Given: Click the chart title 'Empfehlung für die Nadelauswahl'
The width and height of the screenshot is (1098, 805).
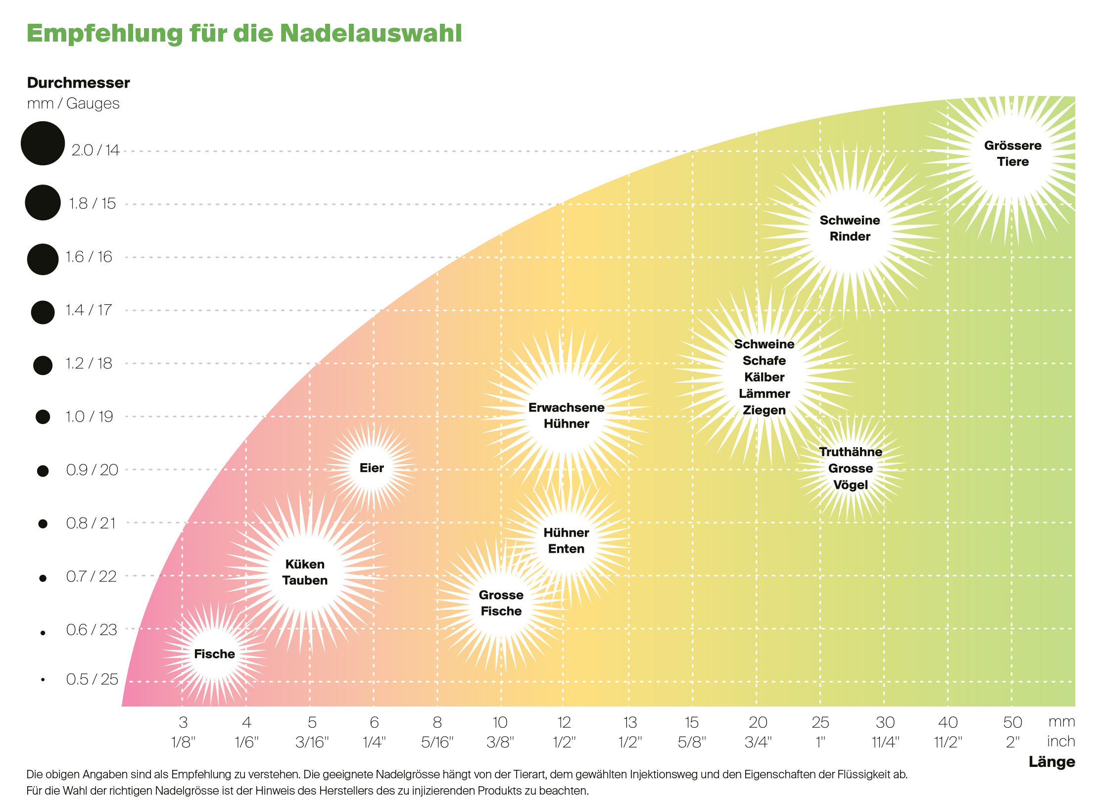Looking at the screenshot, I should pyautogui.click(x=244, y=34).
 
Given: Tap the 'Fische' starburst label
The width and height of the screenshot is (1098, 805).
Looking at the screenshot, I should pyautogui.click(x=214, y=654).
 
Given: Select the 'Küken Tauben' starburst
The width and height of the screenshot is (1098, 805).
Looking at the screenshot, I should pyautogui.click(x=305, y=572).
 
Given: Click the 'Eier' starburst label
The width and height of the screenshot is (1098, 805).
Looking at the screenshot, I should pyautogui.click(x=372, y=468).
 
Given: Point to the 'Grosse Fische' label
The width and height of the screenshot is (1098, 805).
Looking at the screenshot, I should pyautogui.click(x=501, y=603).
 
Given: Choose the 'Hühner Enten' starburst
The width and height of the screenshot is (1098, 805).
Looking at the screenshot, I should pyautogui.click(x=566, y=541).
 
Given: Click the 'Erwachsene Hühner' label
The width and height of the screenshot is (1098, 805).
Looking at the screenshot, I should pyautogui.click(x=566, y=416).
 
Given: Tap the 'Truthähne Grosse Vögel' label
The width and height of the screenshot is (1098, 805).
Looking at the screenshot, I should pyautogui.click(x=850, y=468).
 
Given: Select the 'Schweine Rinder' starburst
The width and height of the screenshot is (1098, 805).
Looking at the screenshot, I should pyautogui.click(x=850, y=228).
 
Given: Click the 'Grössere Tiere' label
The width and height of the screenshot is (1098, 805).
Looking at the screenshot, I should pyautogui.click(x=1012, y=153).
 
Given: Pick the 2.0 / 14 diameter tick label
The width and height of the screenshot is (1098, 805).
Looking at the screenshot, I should pyautogui.click(x=95, y=150).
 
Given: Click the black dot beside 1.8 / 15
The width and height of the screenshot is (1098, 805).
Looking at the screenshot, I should pyautogui.click(x=43, y=202).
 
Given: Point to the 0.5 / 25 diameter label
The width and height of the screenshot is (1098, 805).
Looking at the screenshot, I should pyautogui.click(x=92, y=679).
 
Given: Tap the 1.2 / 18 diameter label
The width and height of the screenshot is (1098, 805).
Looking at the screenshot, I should pyautogui.click(x=89, y=364).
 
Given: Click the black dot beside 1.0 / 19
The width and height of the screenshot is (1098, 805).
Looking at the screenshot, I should pyautogui.click(x=43, y=417).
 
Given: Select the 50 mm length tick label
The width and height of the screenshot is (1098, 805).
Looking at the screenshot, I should pyautogui.click(x=1012, y=723).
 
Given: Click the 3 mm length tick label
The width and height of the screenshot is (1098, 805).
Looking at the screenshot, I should pyautogui.click(x=183, y=723).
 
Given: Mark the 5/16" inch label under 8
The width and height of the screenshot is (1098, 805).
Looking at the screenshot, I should pyautogui.click(x=437, y=743).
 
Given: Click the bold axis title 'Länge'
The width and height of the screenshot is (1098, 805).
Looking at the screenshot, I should pyautogui.click(x=1051, y=762).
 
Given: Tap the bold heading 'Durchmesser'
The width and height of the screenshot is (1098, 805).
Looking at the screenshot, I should pyautogui.click(x=78, y=83).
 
